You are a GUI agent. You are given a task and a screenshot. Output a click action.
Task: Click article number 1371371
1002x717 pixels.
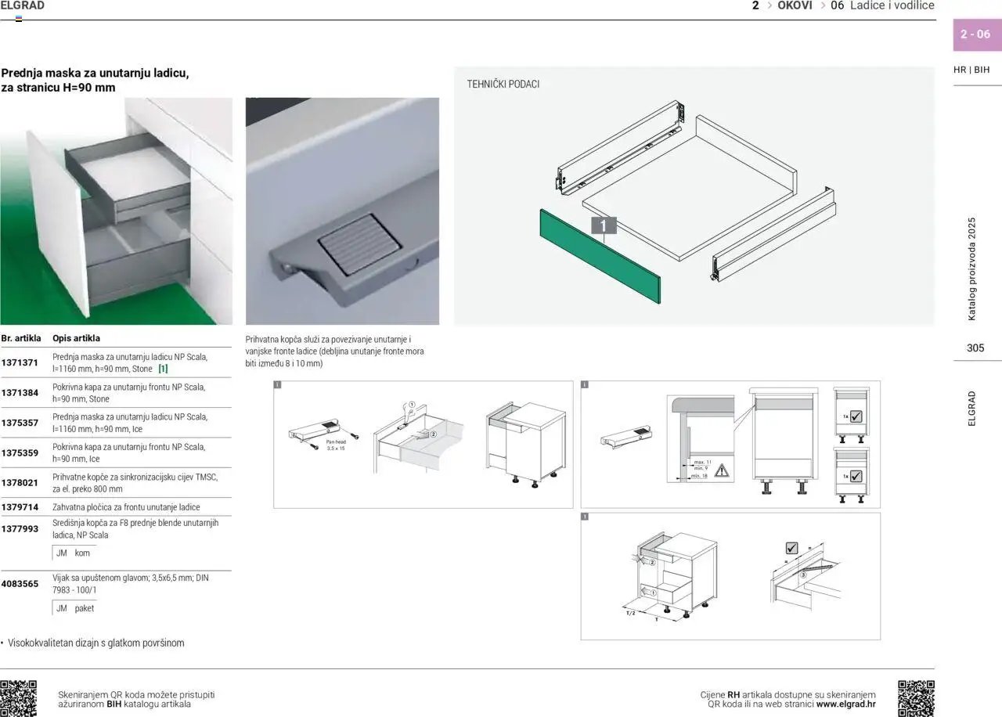click(20, 363)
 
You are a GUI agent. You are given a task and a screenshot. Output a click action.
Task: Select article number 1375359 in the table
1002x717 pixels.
click(20, 452)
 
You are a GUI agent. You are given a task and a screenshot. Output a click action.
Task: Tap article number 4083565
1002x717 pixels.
click(20, 584)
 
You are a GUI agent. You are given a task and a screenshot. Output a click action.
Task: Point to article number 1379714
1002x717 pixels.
click(20, 507)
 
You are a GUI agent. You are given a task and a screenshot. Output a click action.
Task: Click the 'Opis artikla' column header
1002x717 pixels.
click(76, 339)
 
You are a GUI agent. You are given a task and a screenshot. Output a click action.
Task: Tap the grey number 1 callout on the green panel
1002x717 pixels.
click(604, 225)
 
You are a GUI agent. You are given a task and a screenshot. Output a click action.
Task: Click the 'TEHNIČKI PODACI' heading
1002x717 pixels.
click(503, 84)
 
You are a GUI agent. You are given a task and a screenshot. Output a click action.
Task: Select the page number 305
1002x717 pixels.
click(975, 348)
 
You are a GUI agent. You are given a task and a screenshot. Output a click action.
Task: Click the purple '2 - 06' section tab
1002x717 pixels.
click(975, 34)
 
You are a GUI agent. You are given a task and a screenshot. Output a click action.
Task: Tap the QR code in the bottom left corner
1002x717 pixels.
click(19, 698)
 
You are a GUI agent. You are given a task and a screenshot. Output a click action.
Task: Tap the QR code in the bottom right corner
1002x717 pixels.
click(916, 698)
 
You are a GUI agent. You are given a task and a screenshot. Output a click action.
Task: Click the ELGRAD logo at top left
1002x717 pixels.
click(23, 6)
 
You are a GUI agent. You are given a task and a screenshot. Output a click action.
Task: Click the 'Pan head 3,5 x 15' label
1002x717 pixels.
click(335, 445)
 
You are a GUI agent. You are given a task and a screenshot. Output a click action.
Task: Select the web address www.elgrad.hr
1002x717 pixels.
click(845, 704)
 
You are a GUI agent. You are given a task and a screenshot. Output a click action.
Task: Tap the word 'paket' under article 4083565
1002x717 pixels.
click(84, 608)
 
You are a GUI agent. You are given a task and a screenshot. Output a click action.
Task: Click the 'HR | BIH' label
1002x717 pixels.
click(971, 70)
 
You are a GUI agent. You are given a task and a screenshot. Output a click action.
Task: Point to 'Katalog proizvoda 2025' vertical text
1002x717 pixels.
click(972, 268)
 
